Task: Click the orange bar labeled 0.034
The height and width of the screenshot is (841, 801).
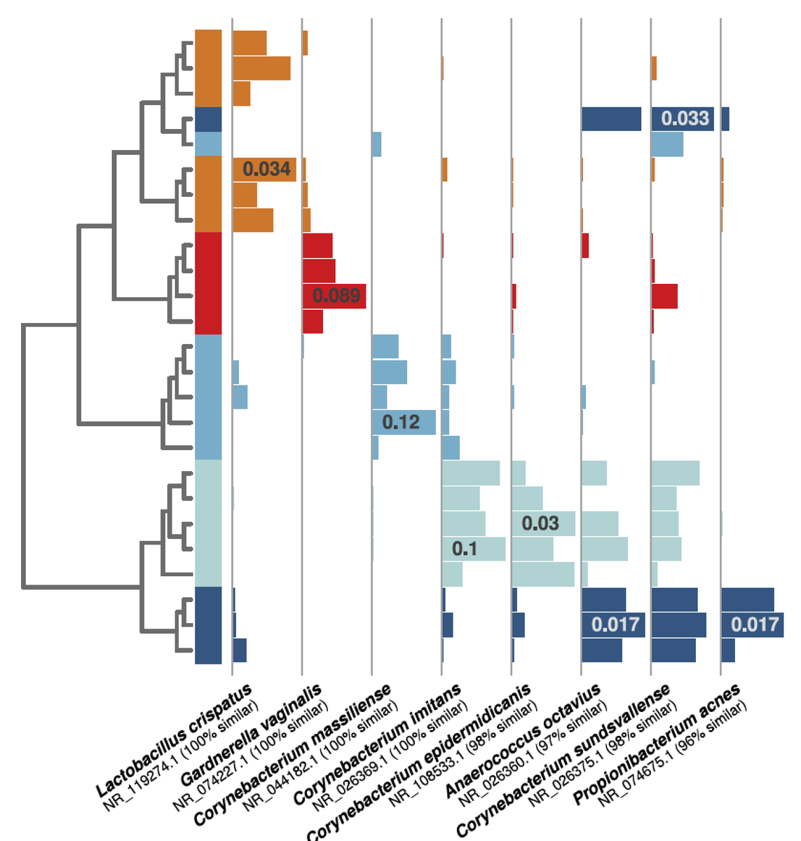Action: point(264,170)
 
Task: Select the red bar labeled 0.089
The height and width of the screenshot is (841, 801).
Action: point(334,296)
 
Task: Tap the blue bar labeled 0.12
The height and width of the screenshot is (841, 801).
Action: point(404,422)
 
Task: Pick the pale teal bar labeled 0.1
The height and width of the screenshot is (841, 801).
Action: point(474,549)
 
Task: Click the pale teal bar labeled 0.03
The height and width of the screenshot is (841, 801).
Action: point(543,524)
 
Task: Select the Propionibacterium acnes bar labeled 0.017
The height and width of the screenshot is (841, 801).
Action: point(752,624)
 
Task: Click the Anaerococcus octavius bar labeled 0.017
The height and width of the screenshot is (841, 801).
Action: point(612,624)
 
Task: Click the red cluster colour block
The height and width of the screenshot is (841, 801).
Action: point(208,283)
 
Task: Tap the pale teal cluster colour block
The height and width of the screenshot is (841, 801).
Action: point(208,523)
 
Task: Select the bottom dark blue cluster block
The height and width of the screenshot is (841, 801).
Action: point(208,624)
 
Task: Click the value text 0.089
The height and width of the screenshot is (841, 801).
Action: point(336,296)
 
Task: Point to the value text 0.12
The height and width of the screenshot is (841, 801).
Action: point(401,422)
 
